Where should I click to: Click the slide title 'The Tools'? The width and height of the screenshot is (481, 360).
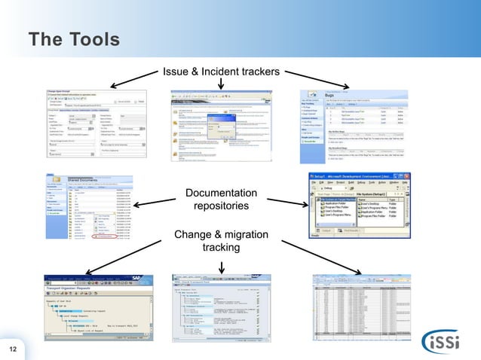pyautogui.click(x=74, y=39)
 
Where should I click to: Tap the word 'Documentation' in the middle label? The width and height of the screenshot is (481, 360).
pyautogui.click(x=221, y=194)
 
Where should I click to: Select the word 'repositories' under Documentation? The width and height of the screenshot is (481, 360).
pyautogui.click(x=221, y=206)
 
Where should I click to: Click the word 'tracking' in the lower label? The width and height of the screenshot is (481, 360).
pyautogui.click(x=221, y=248)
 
